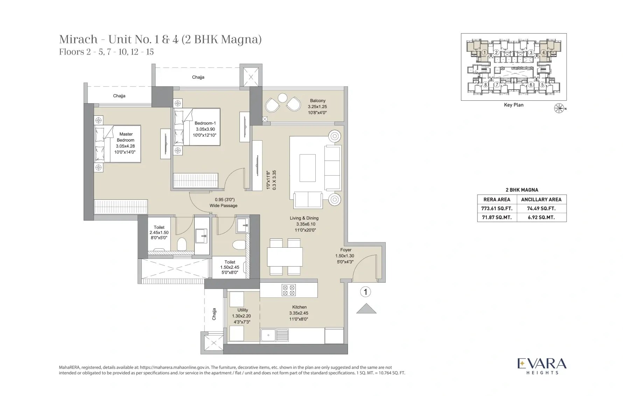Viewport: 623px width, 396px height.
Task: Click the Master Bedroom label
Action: (x=126, y=137)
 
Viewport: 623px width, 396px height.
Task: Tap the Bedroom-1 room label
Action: (x=205, y=123)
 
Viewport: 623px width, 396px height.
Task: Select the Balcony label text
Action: (x=317, y=101)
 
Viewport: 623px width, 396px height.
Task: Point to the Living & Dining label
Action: (x=304, y=218)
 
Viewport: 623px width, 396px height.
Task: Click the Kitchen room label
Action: (x=299, y=307)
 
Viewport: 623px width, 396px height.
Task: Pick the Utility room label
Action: (x=243, y=310)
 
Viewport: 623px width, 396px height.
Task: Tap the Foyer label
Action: (x=346, y=250)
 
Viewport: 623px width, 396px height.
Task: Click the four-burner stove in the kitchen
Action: (x=289, y=290)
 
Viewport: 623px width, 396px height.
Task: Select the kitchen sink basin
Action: (x=268, y=335)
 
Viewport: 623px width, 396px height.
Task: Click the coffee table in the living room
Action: (x=308, y=168)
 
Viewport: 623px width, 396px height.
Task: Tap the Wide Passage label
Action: (x=223, y=206)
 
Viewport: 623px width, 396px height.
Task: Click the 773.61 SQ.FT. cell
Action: (x=497, y=208)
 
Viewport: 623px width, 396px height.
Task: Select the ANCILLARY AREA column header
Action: (x=541, y=199)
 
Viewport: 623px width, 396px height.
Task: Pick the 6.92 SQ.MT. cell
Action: (x=541, y=217)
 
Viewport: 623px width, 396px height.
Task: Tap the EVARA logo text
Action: (x=542, y=363)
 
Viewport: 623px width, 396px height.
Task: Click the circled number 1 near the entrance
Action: (x=365, y=292)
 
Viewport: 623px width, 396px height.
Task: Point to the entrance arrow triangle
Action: (x=366, y=309)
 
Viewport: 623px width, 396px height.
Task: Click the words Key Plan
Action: (x=513, y=105)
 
